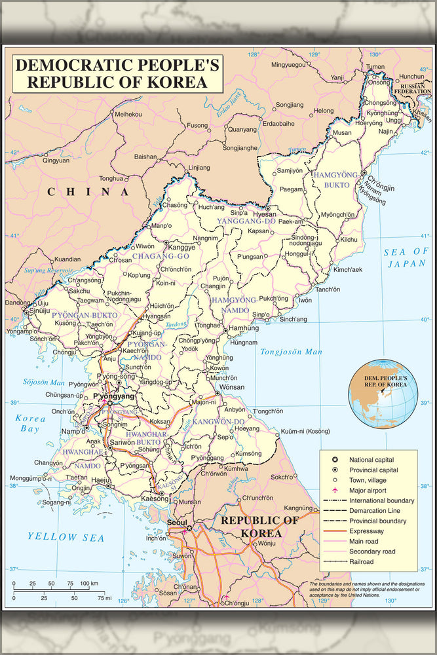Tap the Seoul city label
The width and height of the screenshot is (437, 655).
coord(177,522)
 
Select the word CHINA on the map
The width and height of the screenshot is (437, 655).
coord(88,192)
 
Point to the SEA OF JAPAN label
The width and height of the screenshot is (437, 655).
coord(406,257)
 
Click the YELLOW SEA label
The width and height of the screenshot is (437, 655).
coord(66,537)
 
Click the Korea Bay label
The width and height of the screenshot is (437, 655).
coord(30,423)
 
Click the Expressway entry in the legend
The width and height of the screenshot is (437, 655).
coord(366,531)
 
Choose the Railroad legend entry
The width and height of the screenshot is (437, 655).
coord(361,561)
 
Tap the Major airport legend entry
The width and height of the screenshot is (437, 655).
coord(368,490)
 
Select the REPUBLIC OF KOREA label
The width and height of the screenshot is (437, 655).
coord(259,527)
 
